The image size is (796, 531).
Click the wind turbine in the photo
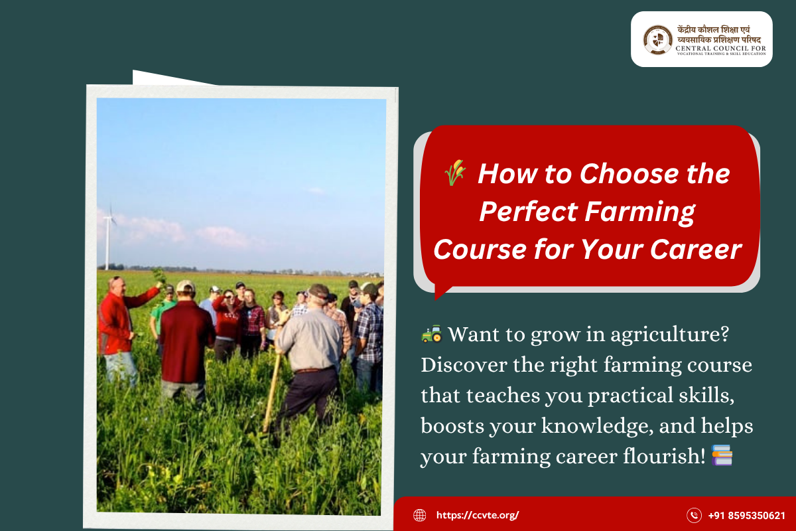pos(107,236)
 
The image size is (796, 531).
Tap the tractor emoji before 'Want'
pos(431,335)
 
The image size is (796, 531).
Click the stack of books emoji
pos(722,455)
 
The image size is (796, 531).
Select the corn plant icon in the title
pos(455,173)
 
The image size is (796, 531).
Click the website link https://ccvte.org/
pos(478,515)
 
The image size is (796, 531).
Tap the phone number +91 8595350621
pos(746,515)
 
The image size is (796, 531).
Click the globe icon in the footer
pos(419,515)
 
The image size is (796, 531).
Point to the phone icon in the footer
pos(694,515)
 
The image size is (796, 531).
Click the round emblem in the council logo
pos(657,39)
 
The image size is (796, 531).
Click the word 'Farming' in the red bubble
pos(640,212)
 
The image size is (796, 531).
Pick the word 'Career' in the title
pos(696,249)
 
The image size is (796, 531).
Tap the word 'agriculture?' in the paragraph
pos(669,335)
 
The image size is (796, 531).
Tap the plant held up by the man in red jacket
pos(159,276)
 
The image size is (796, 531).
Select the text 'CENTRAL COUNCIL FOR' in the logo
pos(720,48)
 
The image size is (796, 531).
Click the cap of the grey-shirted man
pos(319,291)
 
